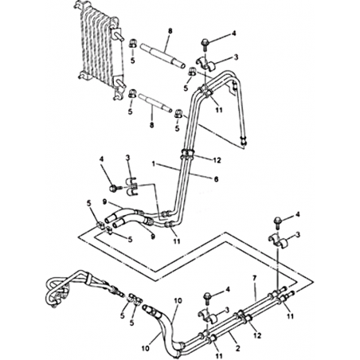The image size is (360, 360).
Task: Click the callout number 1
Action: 153,163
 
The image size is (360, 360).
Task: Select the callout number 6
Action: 217,179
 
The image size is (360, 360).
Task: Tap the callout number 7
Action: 255,279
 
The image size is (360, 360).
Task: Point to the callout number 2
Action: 238,348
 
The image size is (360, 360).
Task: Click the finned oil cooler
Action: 100,49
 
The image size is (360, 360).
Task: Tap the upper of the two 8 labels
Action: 170,31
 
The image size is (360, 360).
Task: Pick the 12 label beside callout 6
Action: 217,160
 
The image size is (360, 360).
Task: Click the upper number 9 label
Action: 104,202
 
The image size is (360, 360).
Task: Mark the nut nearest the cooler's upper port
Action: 133,43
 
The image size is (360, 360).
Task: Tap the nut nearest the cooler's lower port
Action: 132,93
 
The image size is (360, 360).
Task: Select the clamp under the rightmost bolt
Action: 278,239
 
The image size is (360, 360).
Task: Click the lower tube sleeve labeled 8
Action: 155,103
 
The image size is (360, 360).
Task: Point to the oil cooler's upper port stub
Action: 119,35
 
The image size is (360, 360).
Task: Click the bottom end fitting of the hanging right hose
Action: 244,141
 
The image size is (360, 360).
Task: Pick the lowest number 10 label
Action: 146,348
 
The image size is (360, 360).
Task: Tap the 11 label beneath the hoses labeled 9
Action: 176,241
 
